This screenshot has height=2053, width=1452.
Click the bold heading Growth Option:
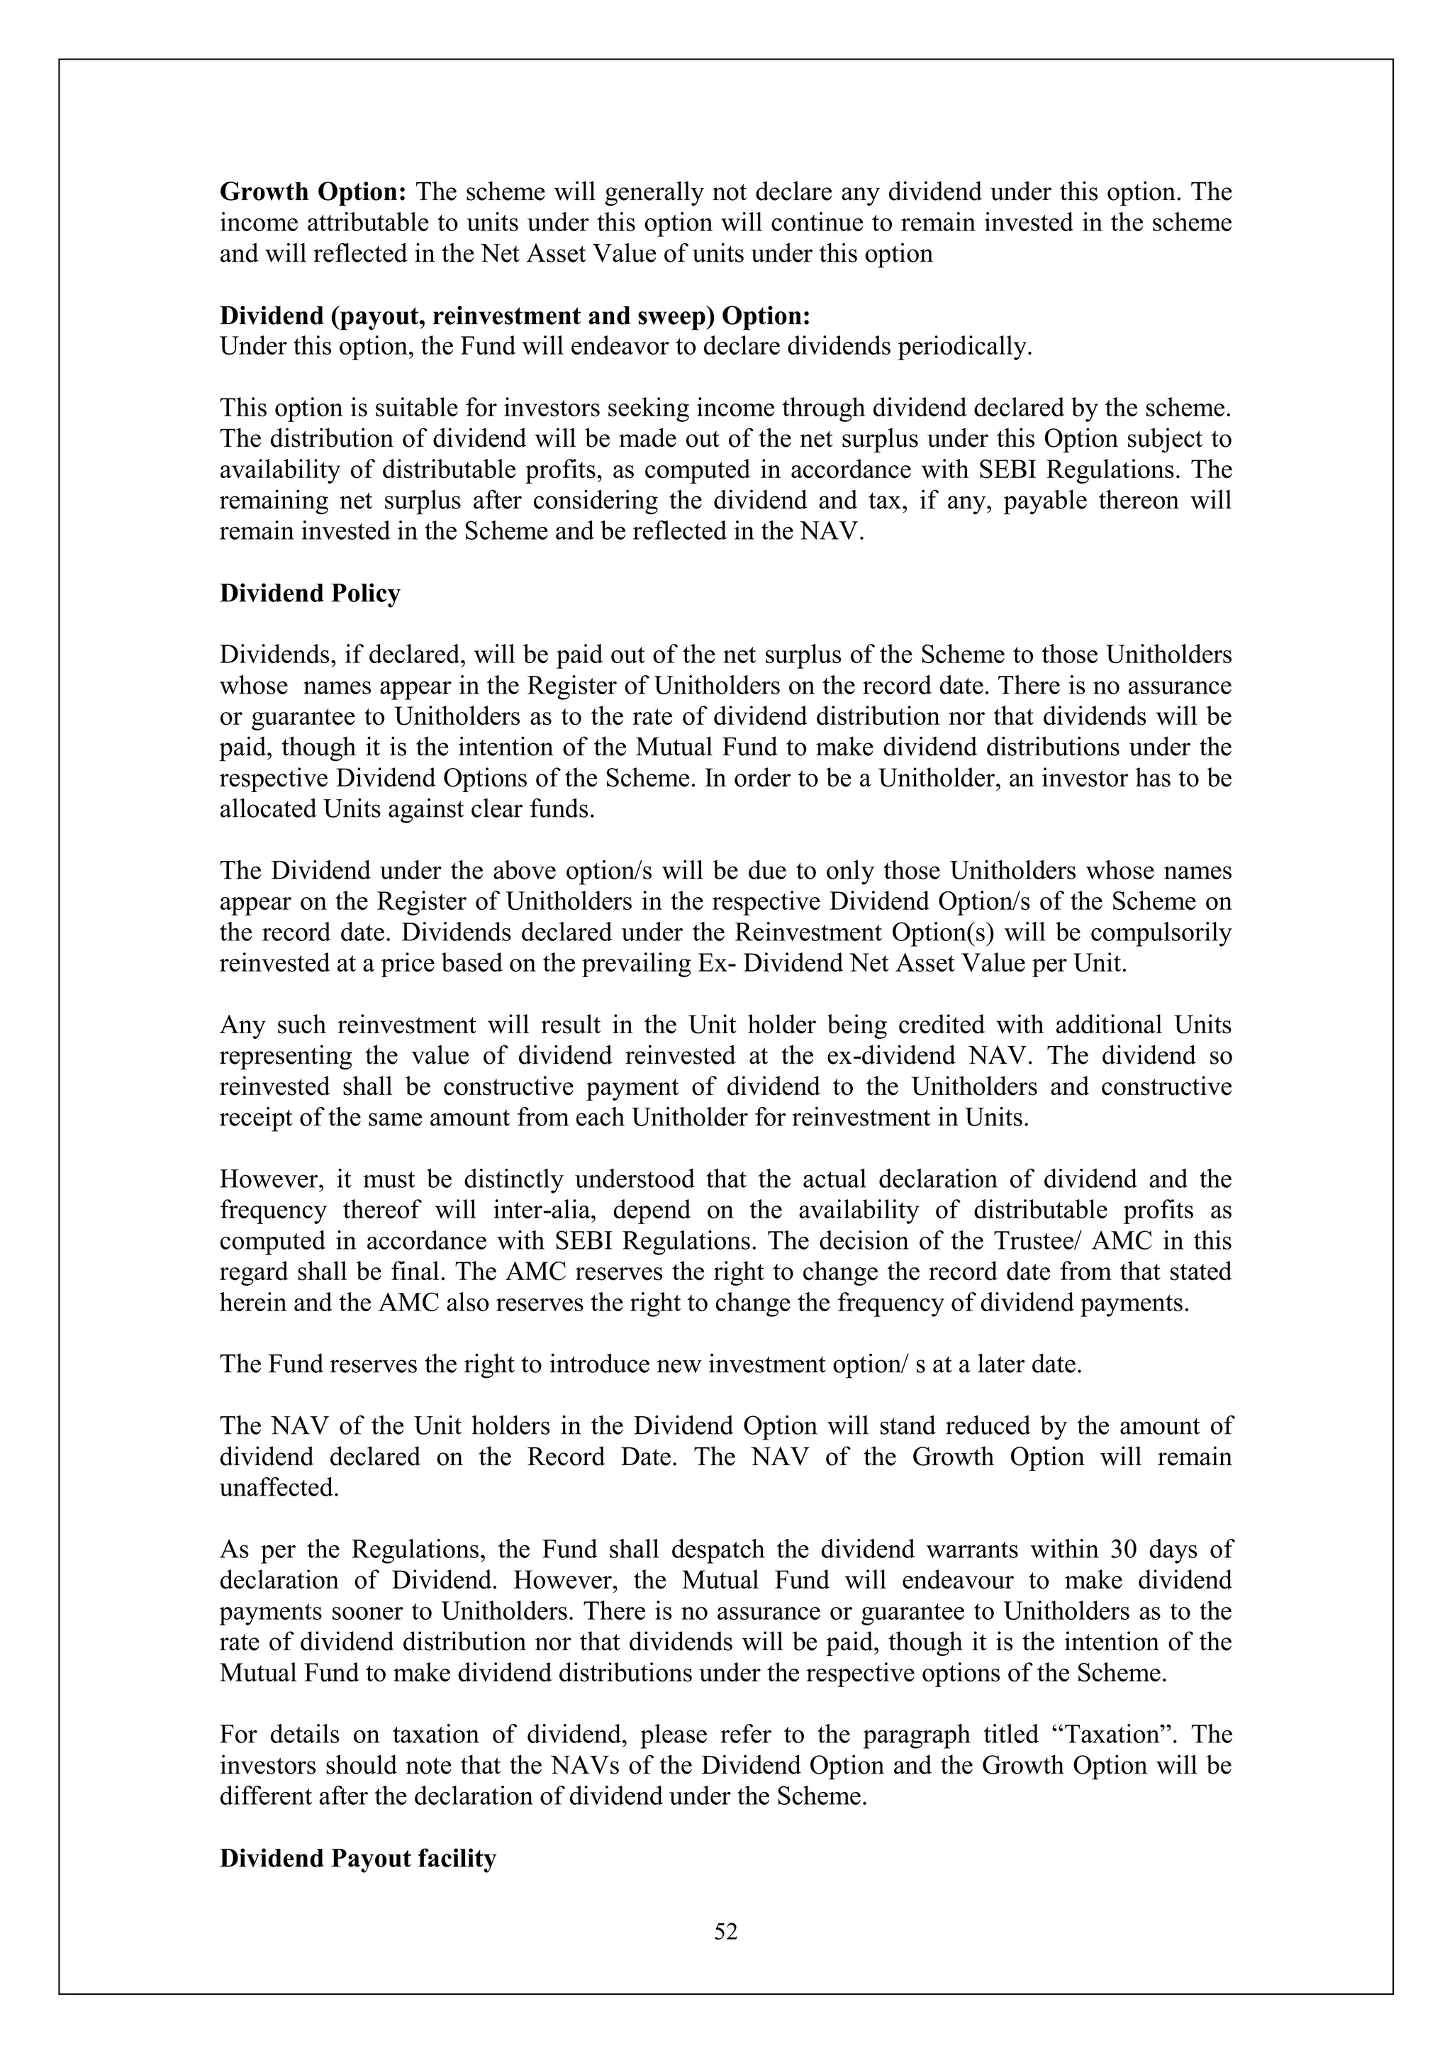pos(314,192)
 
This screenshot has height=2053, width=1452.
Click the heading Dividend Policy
pos(309,594)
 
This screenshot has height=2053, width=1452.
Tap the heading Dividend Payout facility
pos(357,1859)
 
